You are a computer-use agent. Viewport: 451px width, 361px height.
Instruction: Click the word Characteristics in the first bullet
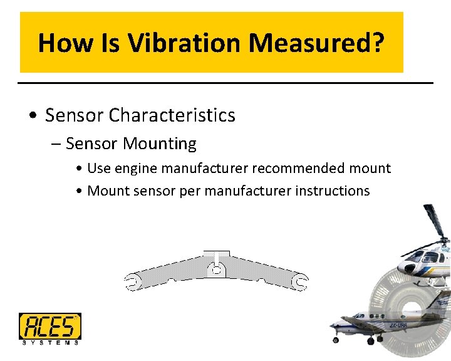172,115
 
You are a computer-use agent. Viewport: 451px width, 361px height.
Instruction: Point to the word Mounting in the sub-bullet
160,144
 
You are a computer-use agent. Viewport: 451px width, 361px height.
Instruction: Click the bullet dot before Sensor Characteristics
33,116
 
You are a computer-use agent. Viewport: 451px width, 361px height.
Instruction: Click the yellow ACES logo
49,326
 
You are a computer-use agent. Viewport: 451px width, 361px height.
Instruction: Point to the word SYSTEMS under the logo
49,342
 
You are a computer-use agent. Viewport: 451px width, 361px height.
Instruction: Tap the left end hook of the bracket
132,283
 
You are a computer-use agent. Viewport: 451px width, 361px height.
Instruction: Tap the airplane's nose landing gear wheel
336,340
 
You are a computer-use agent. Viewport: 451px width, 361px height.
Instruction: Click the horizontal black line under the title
225,83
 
